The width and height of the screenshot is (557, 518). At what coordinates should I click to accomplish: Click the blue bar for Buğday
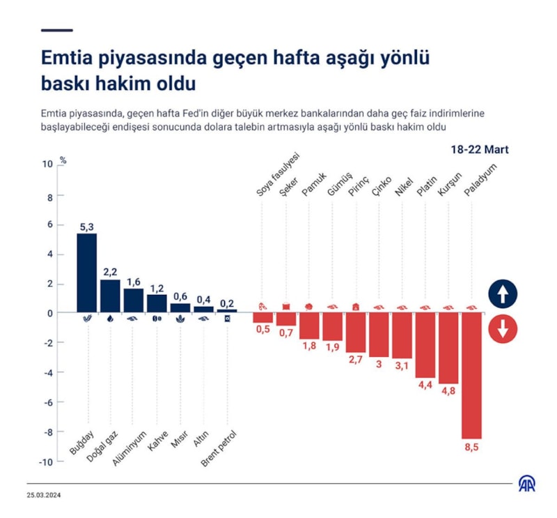(86, 273)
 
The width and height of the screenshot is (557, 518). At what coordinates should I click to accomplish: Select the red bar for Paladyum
(471, 374)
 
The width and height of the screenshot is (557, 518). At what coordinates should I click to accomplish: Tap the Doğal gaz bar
(110, 296)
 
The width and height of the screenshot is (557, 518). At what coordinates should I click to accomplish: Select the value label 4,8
(448, 392)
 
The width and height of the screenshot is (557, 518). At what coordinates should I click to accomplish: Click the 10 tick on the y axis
(47, 165)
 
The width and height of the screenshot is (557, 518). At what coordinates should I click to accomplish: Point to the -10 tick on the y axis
(46, 462)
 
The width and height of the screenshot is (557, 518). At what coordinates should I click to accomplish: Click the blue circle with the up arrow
(503, 294)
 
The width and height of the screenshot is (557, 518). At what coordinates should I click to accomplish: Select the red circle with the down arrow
(503, 328)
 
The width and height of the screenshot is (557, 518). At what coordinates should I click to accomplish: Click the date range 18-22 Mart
(480, 150)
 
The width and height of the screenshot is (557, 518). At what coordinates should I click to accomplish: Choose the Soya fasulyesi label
(276, 174)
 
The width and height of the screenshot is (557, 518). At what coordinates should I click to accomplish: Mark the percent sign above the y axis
(63, 160)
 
